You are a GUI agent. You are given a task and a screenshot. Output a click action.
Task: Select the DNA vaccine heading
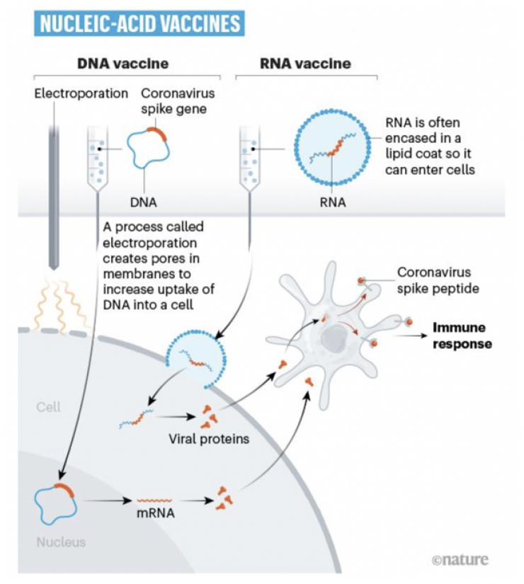point(123,64)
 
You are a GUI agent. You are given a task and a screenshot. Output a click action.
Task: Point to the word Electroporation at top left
point(81,93)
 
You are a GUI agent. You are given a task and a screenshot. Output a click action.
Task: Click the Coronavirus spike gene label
point(178,101)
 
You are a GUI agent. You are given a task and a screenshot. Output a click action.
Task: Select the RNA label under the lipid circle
point(332,203)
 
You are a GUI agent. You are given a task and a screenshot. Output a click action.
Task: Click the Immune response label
point(462,336)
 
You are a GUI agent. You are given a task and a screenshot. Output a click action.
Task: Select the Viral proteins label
point(209,439)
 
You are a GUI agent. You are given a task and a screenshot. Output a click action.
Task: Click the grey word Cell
point(49,407)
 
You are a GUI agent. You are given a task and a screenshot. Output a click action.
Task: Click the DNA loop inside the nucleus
point(55,500)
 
